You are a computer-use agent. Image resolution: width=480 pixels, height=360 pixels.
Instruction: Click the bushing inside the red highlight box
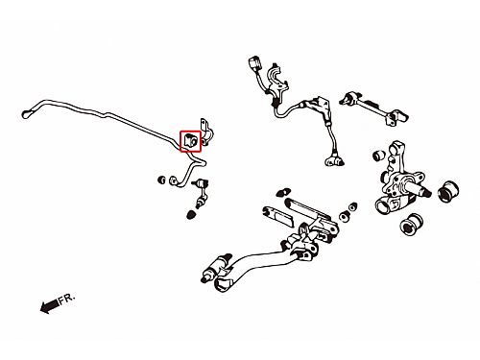point(190,141)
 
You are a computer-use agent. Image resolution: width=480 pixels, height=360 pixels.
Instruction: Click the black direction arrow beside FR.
point(49,306)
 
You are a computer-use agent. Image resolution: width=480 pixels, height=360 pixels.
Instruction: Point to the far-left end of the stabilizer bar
point(26,114)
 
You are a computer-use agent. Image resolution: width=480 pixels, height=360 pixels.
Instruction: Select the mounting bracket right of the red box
point(206,132)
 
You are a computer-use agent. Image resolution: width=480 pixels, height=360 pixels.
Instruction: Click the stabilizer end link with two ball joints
point(200,193)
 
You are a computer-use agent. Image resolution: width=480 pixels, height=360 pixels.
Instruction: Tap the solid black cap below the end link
point(191,214)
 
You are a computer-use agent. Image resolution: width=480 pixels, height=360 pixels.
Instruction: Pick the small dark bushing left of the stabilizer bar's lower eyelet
point(162,180)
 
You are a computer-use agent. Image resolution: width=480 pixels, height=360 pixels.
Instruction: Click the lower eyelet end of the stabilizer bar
point(173,180)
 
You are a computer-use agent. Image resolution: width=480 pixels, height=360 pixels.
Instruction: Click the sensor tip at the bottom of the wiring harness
point(335,161)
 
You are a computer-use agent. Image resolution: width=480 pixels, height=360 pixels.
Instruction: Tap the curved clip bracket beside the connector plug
point(277,77)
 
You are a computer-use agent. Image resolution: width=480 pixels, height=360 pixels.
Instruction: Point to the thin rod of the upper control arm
point(372,107)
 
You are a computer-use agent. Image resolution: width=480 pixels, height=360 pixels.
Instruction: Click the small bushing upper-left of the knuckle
point(379,155)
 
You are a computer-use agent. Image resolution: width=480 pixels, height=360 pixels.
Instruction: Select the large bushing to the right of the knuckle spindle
point(448,191)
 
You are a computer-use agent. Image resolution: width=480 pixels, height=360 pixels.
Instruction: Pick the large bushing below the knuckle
point(411,225)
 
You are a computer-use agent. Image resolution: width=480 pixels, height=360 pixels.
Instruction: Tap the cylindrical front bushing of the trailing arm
point(217,268)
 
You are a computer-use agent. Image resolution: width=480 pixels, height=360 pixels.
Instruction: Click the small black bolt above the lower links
point(283,191)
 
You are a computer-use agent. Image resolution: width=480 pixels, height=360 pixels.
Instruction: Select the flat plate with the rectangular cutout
point(277,217)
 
